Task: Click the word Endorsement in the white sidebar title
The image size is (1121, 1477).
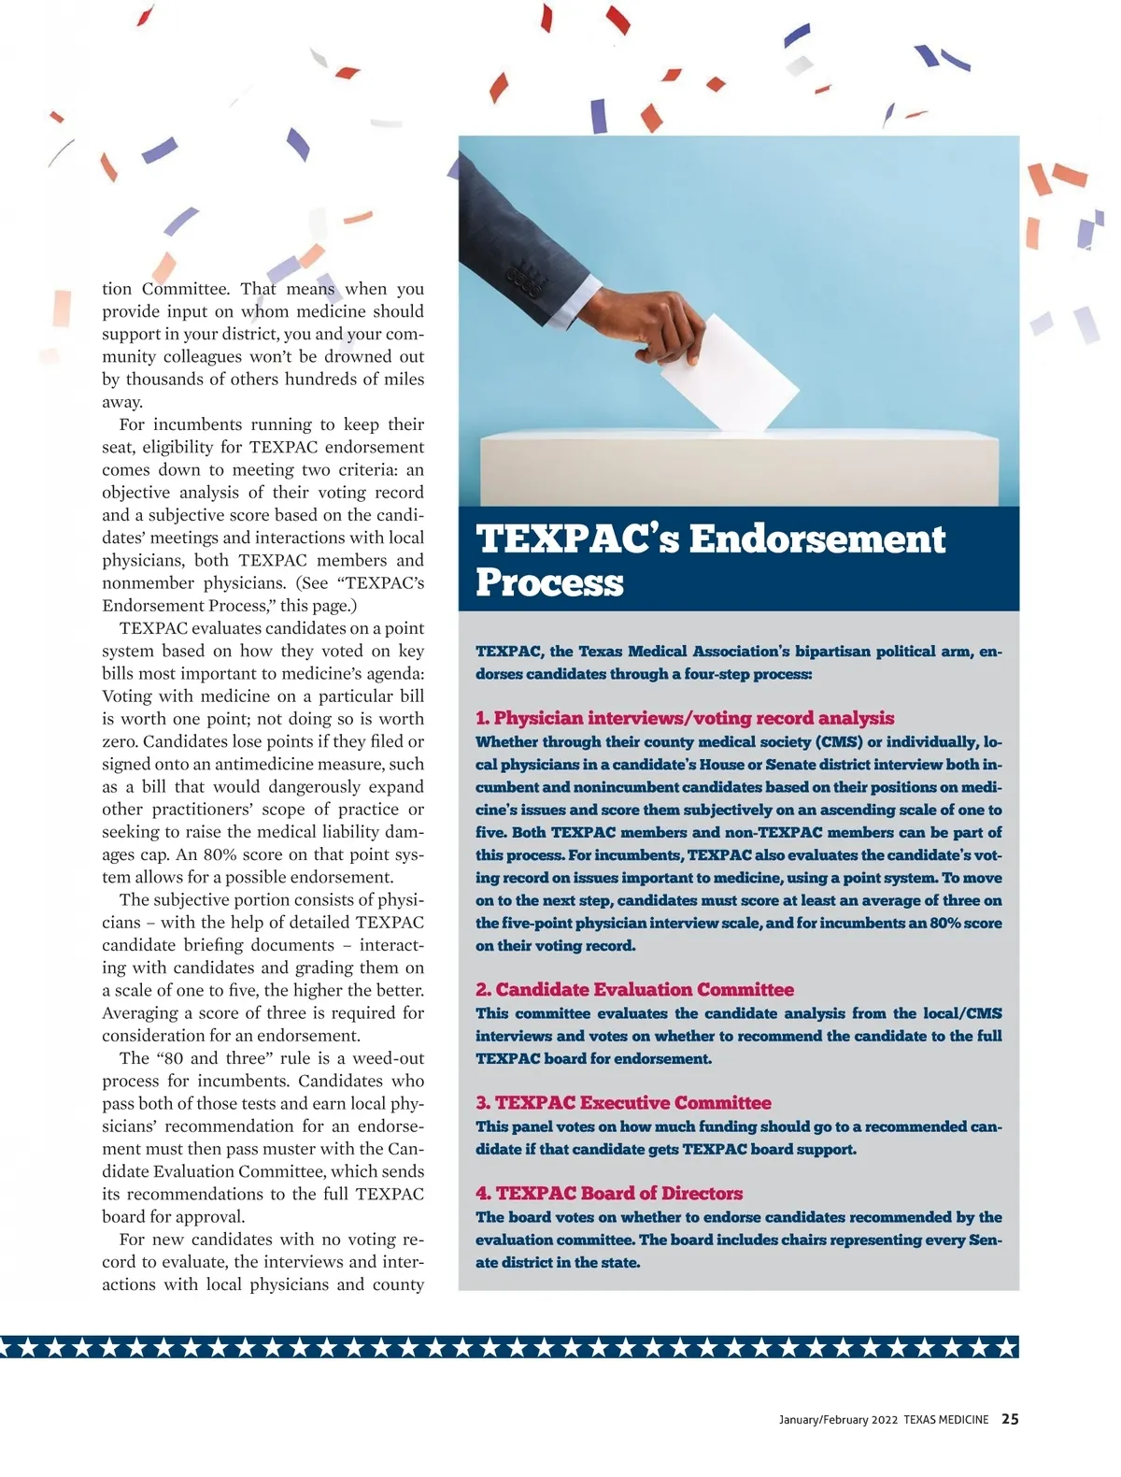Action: tap(816, 539)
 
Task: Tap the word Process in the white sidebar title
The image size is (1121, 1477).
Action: tap(548, 582)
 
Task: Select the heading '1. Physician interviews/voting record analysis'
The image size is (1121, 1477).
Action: tap(684, 718)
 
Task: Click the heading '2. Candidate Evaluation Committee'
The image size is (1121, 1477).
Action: tap(634, 989)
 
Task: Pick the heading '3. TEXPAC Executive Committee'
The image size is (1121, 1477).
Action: tap(623, 1102)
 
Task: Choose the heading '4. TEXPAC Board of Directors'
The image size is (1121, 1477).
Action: tap(609, 1193)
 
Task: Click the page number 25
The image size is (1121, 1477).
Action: tap(1010, 1419)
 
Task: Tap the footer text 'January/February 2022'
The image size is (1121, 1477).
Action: tap(838, 1420)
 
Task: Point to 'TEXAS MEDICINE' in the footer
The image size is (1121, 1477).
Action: tap(945, 1420)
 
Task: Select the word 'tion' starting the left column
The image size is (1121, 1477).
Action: tap(117, 289)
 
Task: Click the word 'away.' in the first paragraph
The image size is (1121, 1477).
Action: tap(122, 402)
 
